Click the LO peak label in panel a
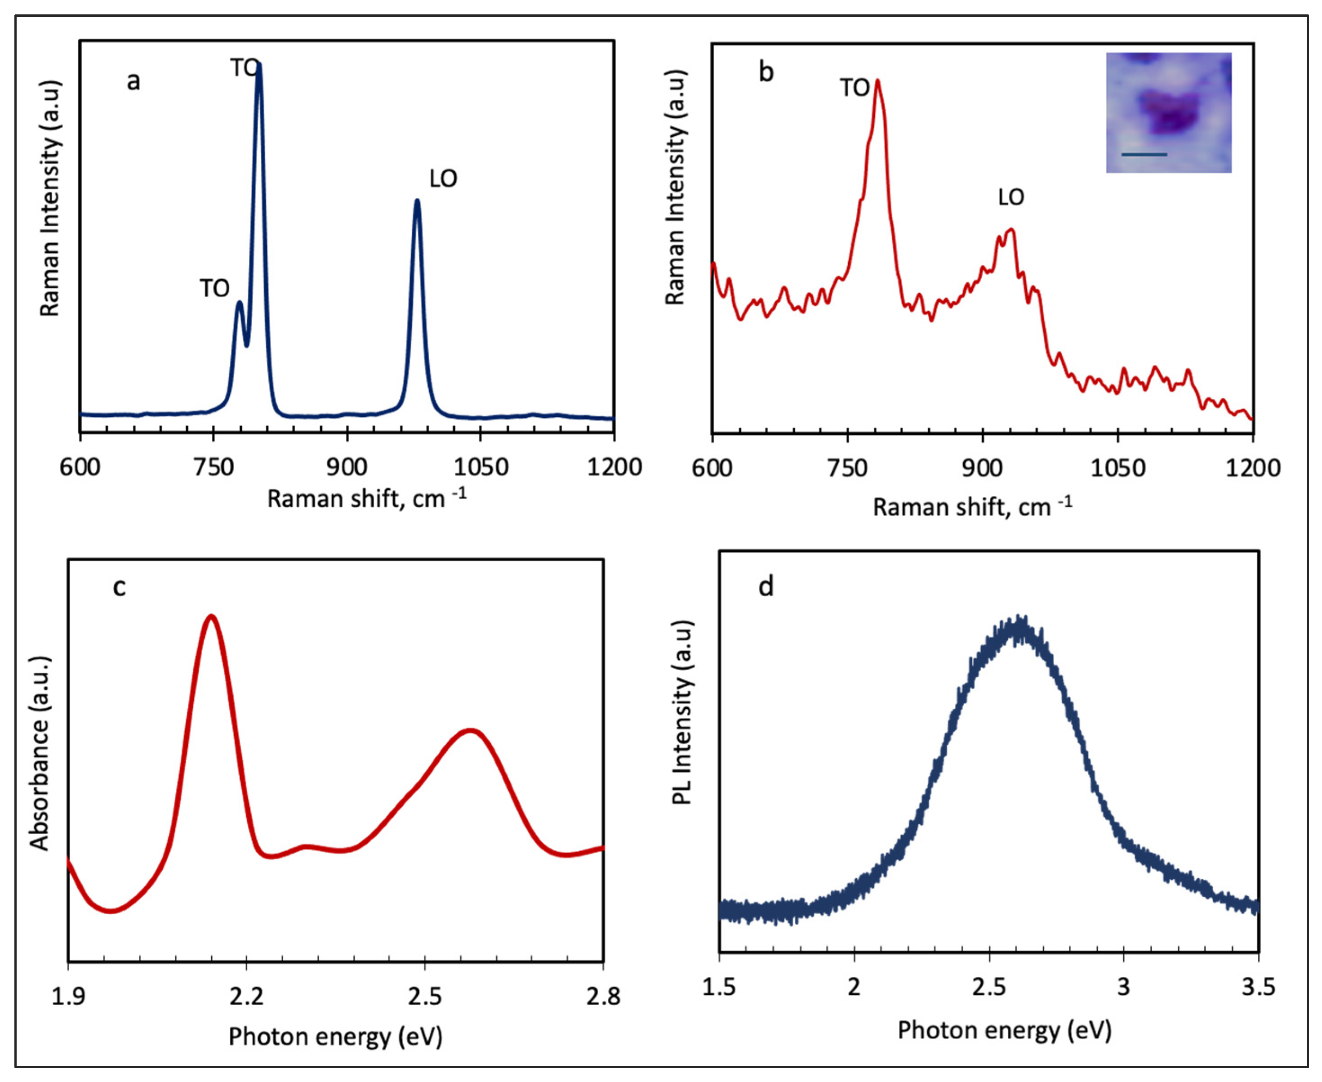[443, 179]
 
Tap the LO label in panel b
[1010, 197]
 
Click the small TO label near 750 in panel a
[214, 289]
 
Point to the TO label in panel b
[854, 88]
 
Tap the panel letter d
[766, 586]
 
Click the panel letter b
[766, 72]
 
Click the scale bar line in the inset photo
[1144, 154]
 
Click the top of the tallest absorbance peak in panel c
[212, 617]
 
